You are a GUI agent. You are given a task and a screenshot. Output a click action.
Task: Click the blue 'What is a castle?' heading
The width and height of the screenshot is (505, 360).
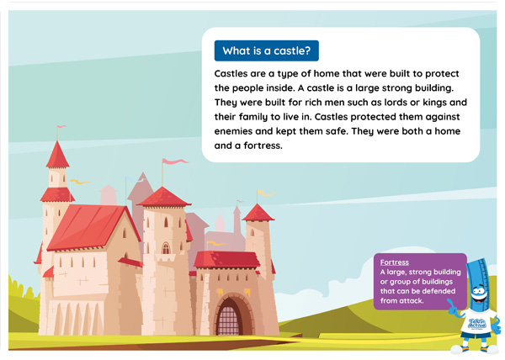[x=267, y=50]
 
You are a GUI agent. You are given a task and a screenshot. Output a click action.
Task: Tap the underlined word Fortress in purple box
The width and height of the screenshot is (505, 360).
[x=395, y=262]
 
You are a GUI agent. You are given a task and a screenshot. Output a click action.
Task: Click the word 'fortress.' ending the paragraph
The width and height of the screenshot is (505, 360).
[x=263, y=146]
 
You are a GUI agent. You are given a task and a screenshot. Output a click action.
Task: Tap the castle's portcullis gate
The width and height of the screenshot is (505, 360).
[x=229, y=320]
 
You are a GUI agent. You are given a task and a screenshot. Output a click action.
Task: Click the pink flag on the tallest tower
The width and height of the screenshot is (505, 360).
[x=61, y=126]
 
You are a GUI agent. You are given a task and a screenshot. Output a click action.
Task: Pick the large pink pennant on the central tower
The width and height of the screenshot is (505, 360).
[x=175, y=161]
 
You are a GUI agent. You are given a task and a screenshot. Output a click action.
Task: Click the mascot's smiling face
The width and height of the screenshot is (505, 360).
[x=480, y=294]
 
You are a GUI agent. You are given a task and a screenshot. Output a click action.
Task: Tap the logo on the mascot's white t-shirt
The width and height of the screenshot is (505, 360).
[x=476, y=323]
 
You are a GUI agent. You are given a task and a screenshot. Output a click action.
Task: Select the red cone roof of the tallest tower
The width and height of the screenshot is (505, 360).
[x=57, y=155]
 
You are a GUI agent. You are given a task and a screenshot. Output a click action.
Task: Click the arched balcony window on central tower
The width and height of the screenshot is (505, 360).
[x=166, y=248]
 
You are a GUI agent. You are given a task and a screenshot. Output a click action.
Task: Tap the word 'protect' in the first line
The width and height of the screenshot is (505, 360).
[x=442, y=74]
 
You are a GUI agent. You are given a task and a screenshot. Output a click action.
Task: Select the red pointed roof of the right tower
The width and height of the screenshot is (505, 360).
[x=258, y=213]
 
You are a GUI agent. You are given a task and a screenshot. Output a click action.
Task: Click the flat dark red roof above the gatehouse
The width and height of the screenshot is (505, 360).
[x=226, y=259]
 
